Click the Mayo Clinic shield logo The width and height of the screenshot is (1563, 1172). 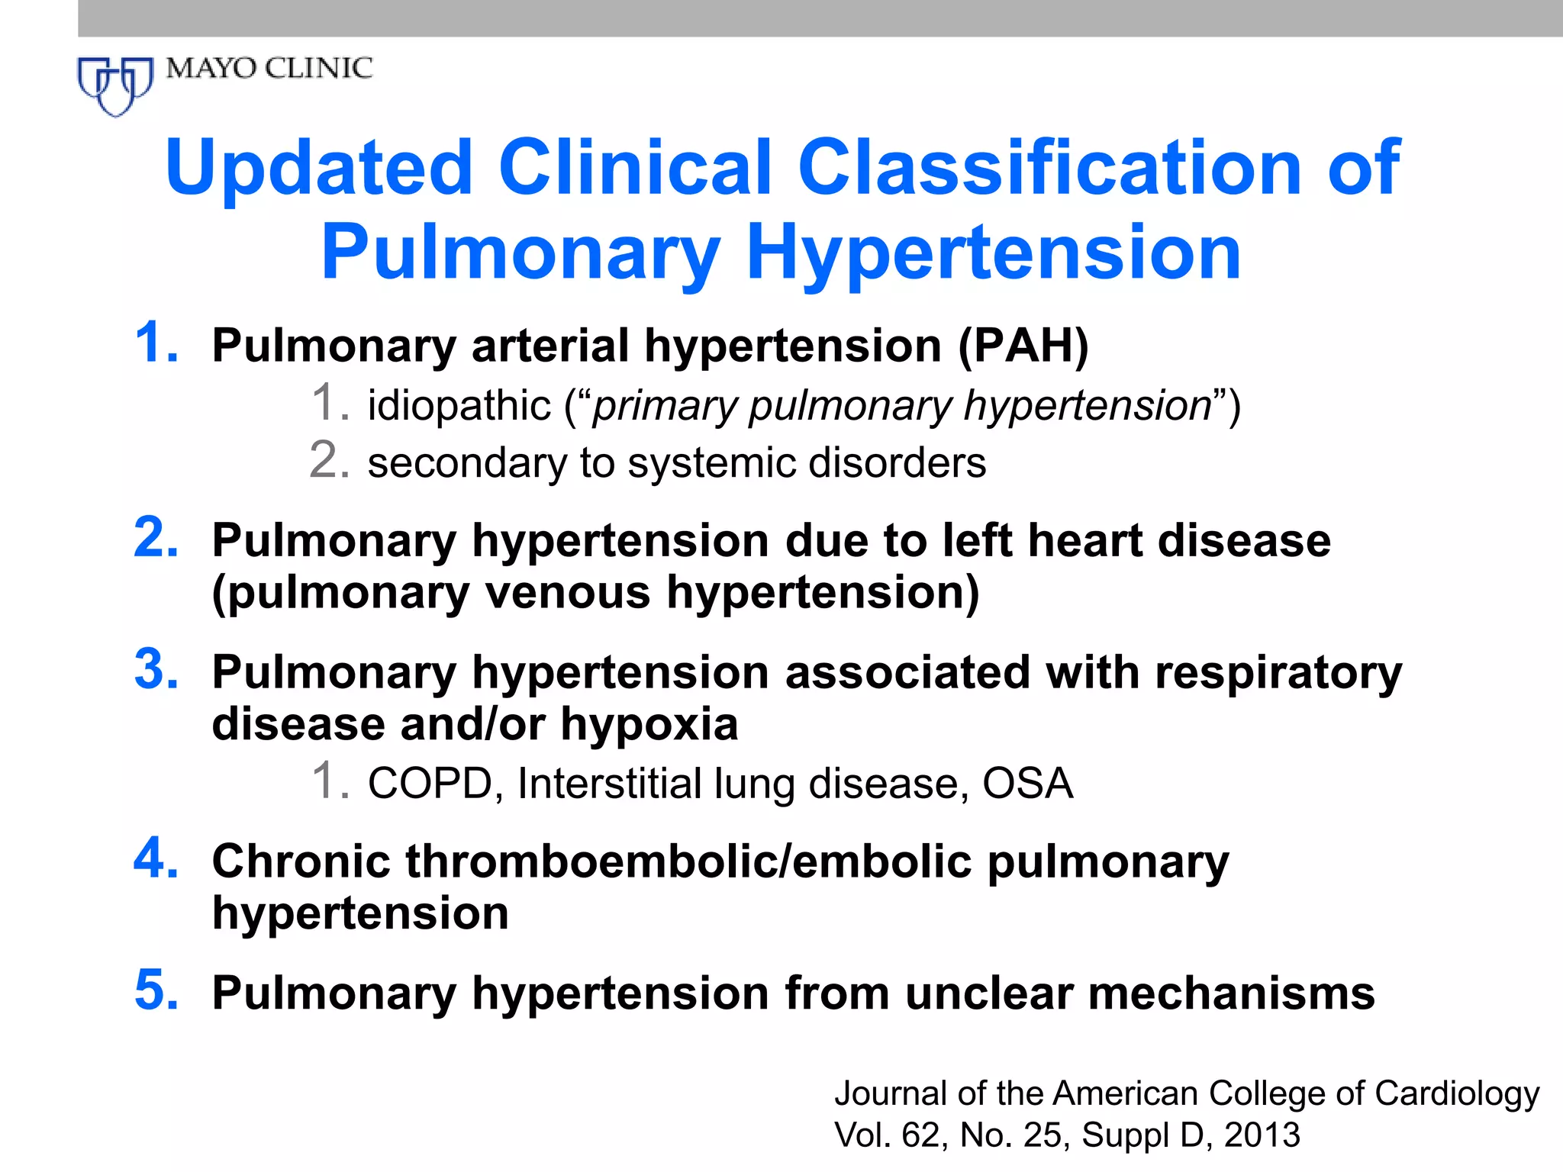coord(115,85)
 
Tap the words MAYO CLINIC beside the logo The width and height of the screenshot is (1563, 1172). coord(269,69)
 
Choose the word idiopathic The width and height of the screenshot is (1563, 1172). coord(459,405)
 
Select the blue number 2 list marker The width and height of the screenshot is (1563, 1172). coord(156,538)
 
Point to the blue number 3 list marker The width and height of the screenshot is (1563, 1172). coord(156,670)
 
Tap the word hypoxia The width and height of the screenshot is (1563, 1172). coord(649,724)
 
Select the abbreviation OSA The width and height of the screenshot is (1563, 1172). coord(1027,784)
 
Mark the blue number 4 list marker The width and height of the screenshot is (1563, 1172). coord(156,858)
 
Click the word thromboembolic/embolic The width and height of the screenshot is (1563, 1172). coord(689,861)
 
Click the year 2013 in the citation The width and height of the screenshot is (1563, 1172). coord(1262,1135)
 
